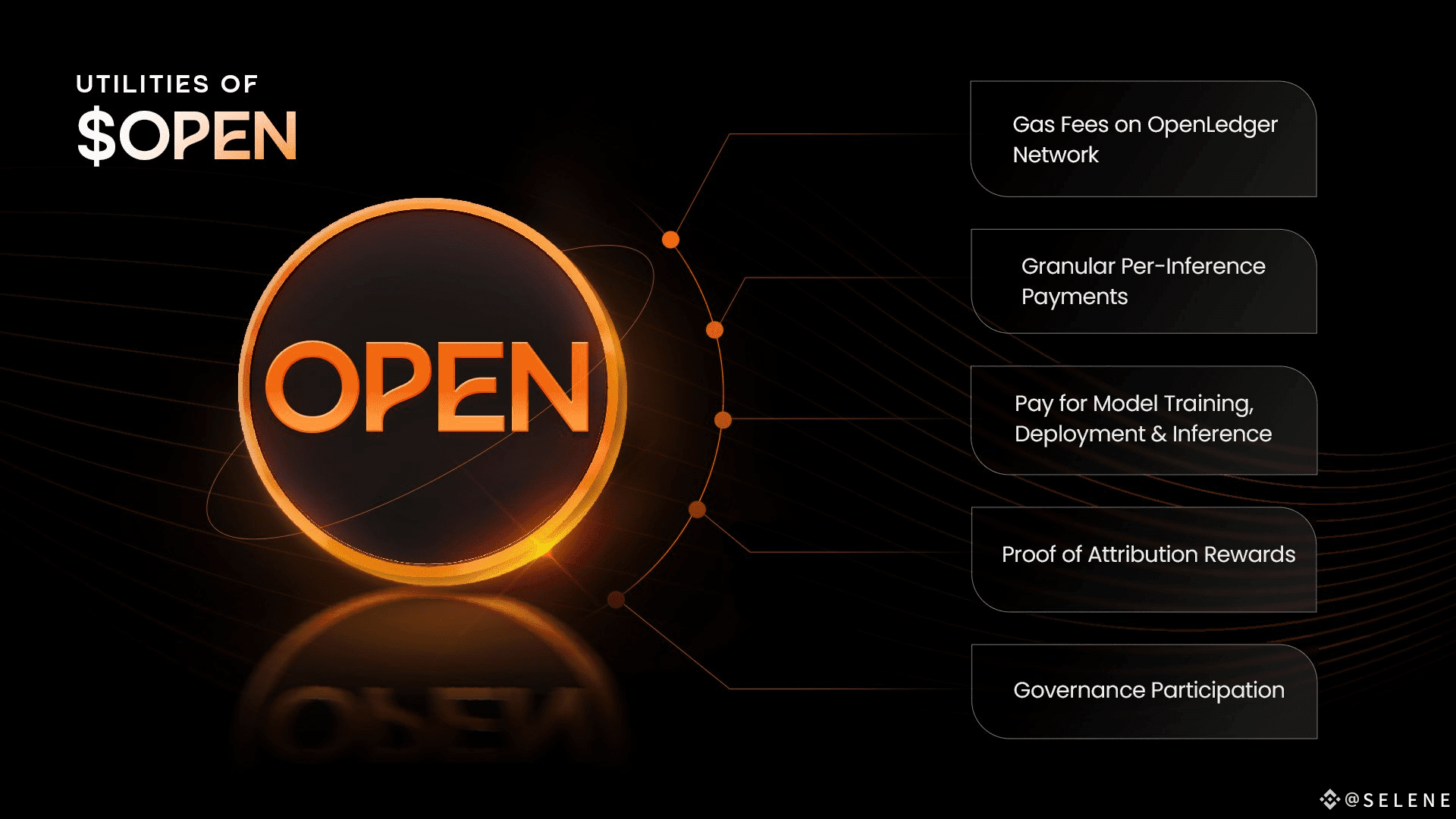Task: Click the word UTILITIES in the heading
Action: pos(143,83)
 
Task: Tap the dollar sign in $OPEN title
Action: pos(96,136)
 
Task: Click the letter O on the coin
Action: pos(311,388)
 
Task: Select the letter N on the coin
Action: pos(551,388)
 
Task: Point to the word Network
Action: pos(1056,155)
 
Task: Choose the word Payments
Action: pos(1074,297)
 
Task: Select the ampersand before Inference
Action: pos(1158,434)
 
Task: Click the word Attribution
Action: pos(1142,554)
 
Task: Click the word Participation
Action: pos(1218,690)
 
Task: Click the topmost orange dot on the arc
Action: pos(670,240)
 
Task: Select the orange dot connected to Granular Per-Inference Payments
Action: pos(714,330)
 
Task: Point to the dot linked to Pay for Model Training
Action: pos(723,419)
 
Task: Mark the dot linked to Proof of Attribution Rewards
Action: pos(697,510)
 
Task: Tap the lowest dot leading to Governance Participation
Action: pos(616,600)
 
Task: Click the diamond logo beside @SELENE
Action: pos(1329,799)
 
